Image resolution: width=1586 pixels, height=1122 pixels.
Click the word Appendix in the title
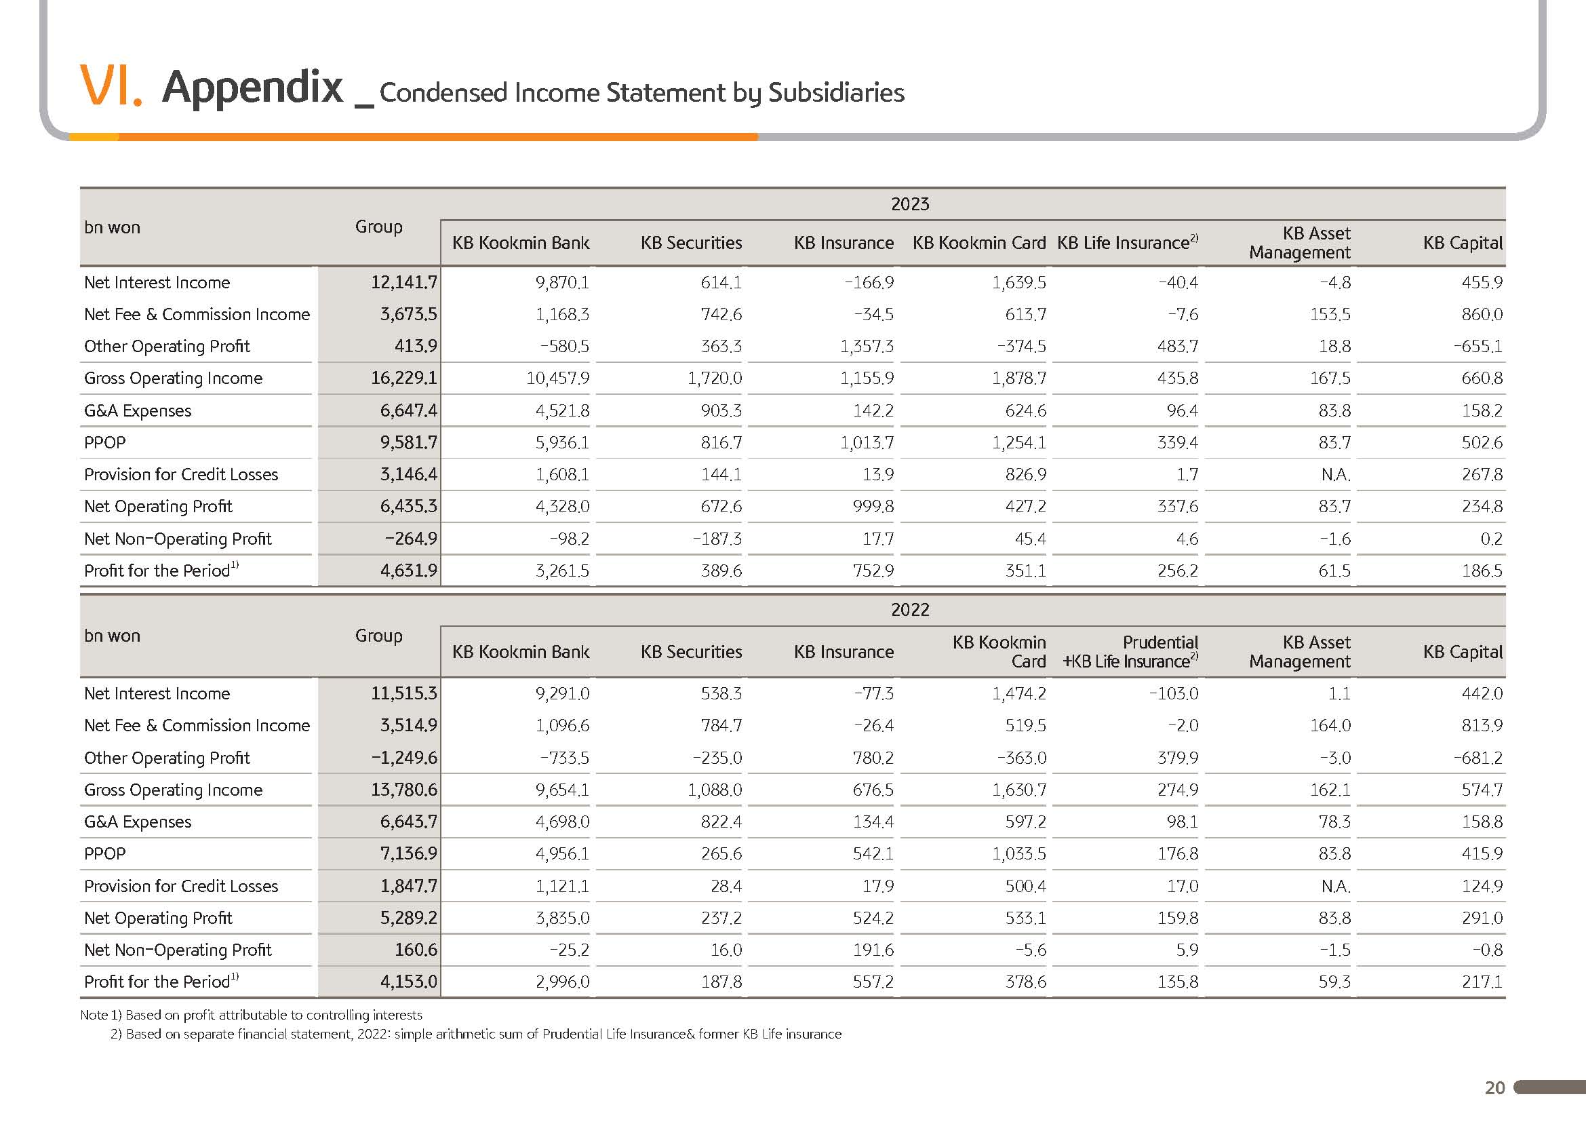(x=252, y=88)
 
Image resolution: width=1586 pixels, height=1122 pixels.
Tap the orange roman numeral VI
(x=111, y=85)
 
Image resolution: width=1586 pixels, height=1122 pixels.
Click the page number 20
(x=1495, y=1088)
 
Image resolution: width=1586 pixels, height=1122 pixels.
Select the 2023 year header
(x=910, y=204)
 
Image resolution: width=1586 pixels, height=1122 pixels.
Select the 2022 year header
(x=910, y=609)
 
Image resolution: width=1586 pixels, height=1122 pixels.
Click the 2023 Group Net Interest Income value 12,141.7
(x=404, y=282)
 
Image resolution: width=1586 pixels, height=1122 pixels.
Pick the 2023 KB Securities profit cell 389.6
(x=721, y=570)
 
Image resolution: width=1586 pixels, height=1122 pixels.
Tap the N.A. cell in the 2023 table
(x=1336, y=475)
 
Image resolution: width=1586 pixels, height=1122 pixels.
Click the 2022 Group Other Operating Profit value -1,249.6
(x=404, y=758)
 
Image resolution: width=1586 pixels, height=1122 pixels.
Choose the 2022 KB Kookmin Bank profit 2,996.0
(x=562, y=982)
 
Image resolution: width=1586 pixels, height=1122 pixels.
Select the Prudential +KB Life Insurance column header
(x=1130, y=651)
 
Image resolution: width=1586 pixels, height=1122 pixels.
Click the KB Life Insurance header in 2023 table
(x=1128, y=242)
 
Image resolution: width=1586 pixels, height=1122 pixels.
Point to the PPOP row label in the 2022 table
(x=105, y=854)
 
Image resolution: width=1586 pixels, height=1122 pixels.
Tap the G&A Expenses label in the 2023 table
(x=138, y=410)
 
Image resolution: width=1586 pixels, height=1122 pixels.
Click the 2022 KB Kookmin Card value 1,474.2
(x=1019, y=694)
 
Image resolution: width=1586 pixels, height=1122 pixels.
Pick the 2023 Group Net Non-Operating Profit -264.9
(x=411, y=539)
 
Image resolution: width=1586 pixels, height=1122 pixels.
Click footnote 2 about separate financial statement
(x=476, y=1034)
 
